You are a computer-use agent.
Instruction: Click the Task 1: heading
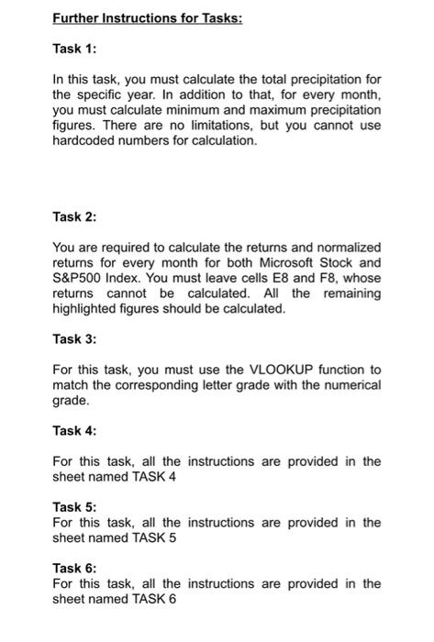74,49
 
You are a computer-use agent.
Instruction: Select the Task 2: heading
74,217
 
